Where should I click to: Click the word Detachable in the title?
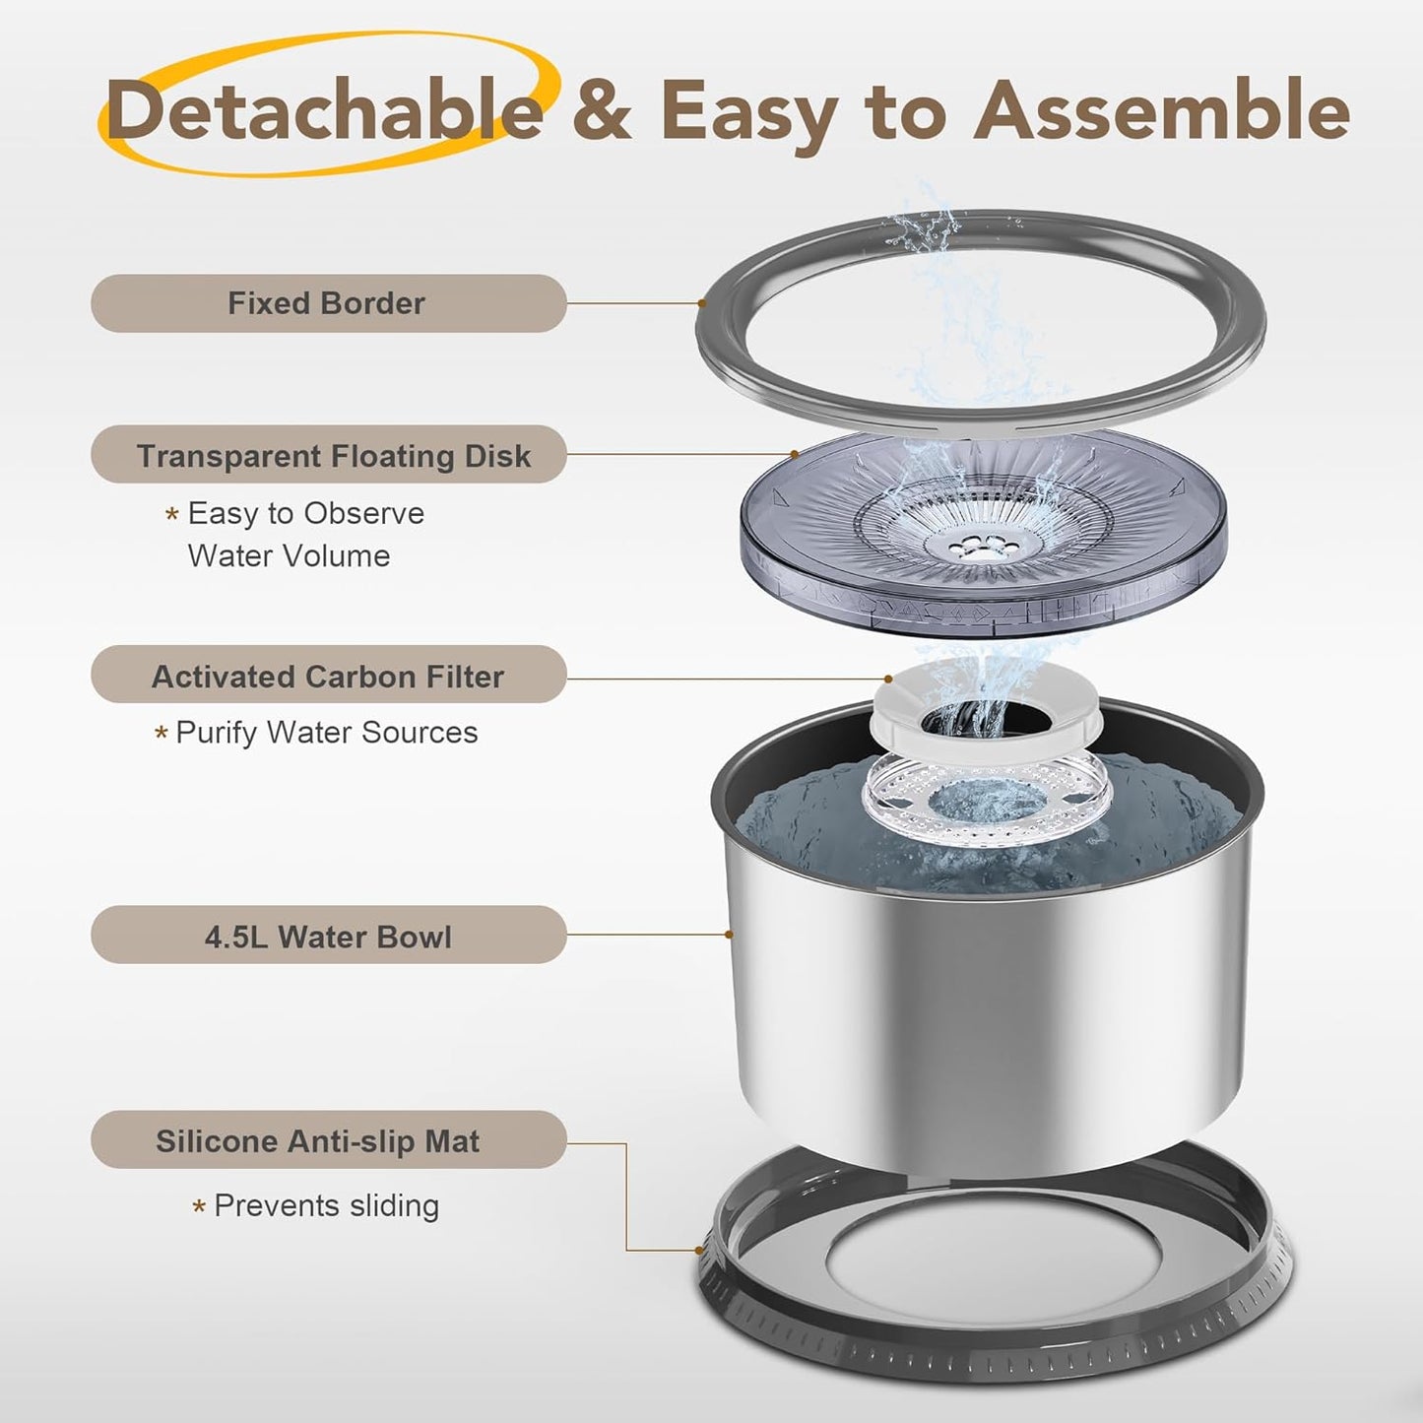325,110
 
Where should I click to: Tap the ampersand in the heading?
602,110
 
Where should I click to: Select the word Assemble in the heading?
1162,110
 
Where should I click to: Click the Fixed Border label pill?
329,303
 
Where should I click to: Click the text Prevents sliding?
326,1206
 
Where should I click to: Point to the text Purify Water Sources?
326,733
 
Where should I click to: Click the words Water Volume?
289,555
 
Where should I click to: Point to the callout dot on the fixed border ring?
702,302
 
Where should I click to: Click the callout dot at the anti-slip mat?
698,1251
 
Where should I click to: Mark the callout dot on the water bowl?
729,935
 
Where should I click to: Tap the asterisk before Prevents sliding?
198,1207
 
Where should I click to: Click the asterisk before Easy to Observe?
172,514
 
